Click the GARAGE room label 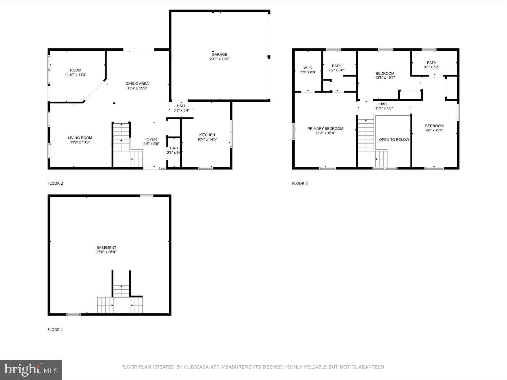[219, 54]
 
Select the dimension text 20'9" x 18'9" [219, 59]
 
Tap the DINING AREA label [137, 84]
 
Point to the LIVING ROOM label [80, 138]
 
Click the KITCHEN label [207, 135]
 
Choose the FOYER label [150, 139]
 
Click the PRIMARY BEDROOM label [325, 129]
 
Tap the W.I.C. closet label [308, 68]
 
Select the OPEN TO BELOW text [394, 140]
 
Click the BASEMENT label [106, 247]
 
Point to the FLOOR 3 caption [300, 184]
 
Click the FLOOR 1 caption [55, 330]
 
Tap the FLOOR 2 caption [55, 184]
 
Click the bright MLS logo [31, 370]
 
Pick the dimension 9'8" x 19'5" [434, 130]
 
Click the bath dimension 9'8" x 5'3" [432, 67]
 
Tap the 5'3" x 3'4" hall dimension [181, 110]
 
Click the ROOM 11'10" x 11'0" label [75, 73]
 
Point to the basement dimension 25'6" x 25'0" [106, 252]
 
